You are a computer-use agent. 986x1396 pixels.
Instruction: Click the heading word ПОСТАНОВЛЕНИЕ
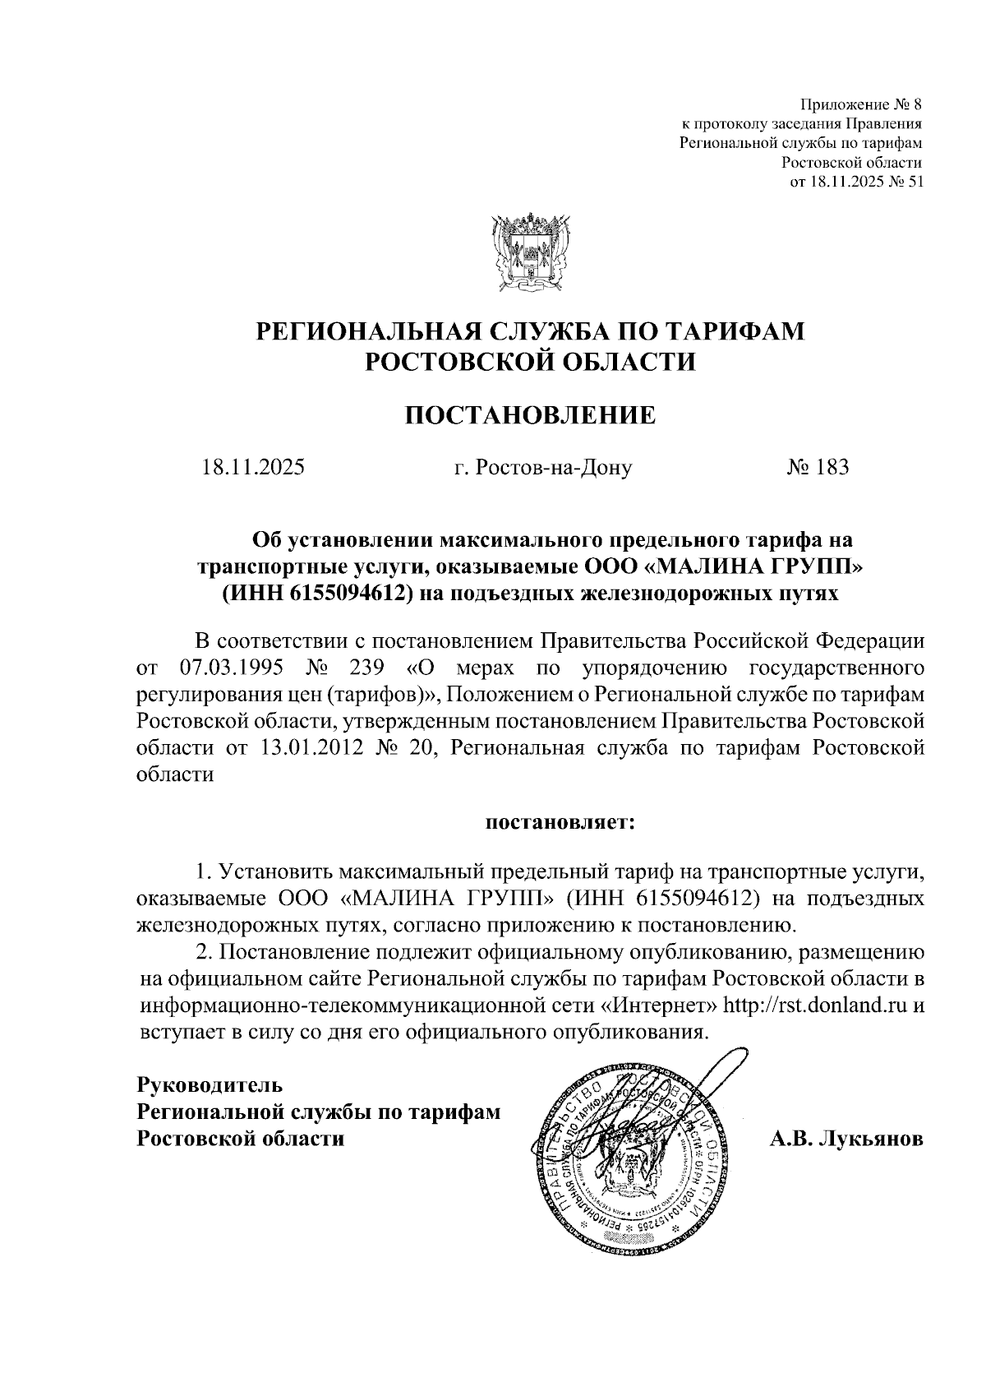[x=531, y=415]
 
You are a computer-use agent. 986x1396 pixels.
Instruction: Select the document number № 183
[x=818, y=468]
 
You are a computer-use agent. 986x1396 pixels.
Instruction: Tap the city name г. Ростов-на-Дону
[x=543, y=469]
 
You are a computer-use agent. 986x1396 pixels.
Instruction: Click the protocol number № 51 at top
[x=905, y=182]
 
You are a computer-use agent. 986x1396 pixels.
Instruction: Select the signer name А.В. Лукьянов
[x=846, y=1139]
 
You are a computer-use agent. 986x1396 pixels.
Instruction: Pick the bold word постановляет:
[x=560, y=821]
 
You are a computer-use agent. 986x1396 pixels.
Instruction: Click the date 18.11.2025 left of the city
[x=254, y=469]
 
